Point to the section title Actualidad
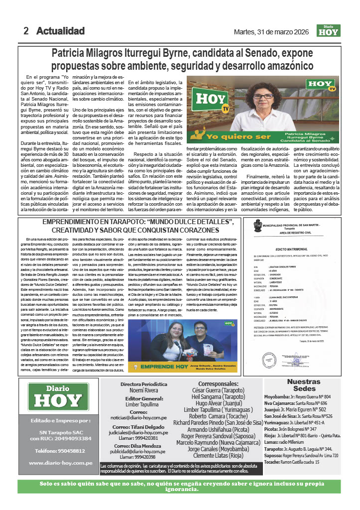click(x=60, y=31)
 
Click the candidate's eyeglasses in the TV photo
click(x=263, y=96)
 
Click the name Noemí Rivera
click(x=144, y=391)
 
